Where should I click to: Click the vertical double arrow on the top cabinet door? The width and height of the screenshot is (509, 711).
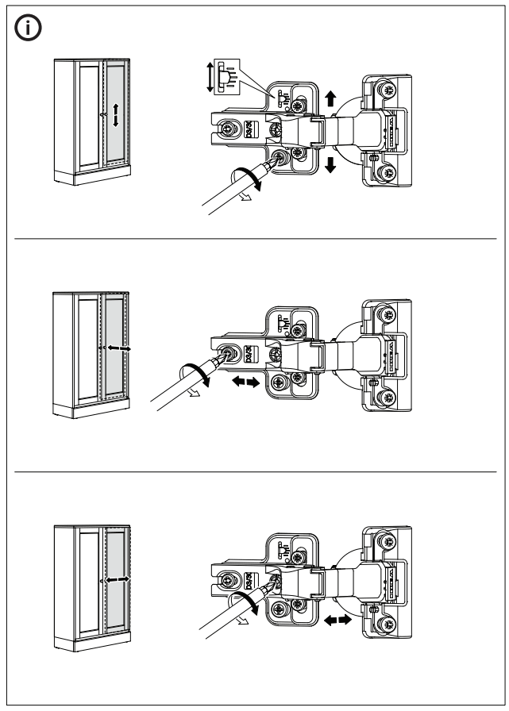pyautogui.click(x=116, y=115)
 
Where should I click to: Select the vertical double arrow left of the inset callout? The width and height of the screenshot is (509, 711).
pyautogui.click(x=210, y=78)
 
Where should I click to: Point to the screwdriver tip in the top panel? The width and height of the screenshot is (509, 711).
pyautogui.click(x=275, y=162)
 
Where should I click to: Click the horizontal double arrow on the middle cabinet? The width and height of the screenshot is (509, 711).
pyautogui.click(x=116, y=348)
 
